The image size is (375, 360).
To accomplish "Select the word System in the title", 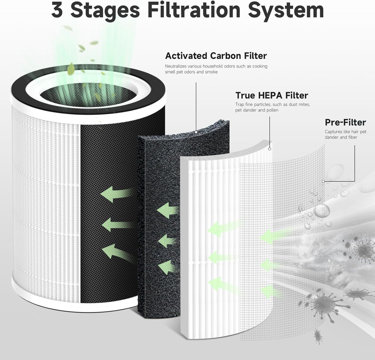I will point(287,10).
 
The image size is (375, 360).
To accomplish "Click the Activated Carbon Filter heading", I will point(216,56).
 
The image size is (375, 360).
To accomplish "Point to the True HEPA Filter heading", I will point(271,95).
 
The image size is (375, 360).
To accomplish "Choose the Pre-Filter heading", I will point(345,122).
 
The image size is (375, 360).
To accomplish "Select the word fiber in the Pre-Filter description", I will point(352,137).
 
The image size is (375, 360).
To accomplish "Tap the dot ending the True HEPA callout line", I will point(269,149).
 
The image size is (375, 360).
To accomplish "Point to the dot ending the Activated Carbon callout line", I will point(196,132).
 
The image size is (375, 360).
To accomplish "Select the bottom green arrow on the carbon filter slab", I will point(167,267).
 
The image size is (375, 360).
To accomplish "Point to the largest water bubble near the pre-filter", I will point(321,211).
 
